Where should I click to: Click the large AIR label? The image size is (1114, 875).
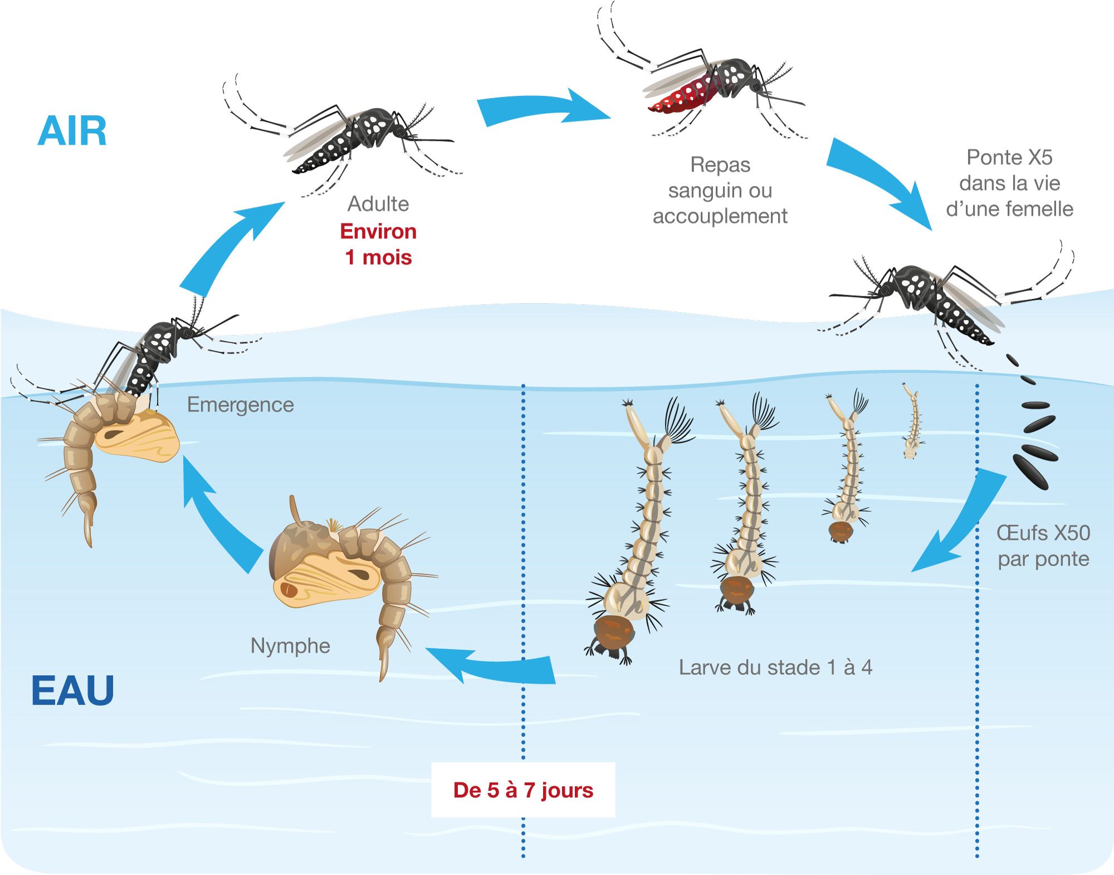point(72,132)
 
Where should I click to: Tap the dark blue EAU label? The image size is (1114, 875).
point(72,691)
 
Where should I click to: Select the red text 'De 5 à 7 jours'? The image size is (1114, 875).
point(523,790)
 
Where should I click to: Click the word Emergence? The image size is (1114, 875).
point(240,405)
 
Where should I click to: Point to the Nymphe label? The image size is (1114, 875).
point(290,646)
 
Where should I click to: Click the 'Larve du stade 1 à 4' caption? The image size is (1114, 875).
point(775,667)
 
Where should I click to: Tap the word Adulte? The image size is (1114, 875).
point(378,204)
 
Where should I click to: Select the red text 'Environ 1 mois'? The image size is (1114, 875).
point(378,244)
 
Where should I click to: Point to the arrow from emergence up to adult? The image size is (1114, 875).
point(228,245)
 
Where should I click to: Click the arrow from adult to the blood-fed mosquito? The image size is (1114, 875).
point(543,107)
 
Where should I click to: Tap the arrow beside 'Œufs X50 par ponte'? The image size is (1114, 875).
point(964,524)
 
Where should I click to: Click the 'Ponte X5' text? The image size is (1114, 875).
point(1009,158)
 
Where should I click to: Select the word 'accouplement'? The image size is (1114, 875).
point(720,216)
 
